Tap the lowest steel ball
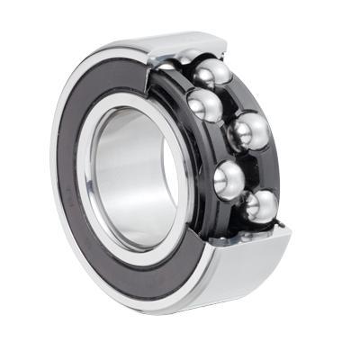coord(262,204)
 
